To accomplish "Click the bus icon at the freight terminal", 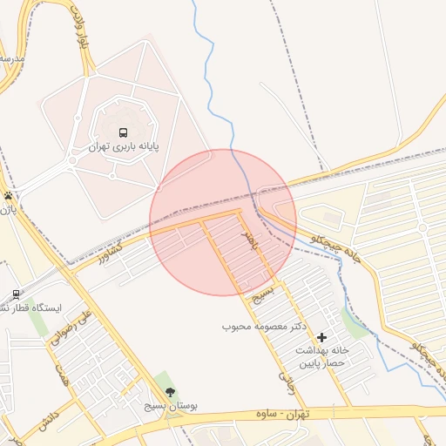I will pos(123,133).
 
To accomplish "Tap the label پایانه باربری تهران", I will pos(125,147).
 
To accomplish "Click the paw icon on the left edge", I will pos(8,196).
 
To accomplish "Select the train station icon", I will pos(16,295).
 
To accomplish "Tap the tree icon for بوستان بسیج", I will pos(170,392).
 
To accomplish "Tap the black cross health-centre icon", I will pos(323,336).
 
